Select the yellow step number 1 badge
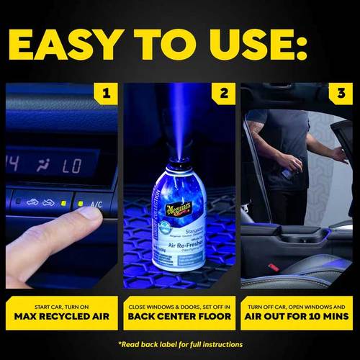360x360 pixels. [x=107, y=94]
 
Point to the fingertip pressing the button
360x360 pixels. [x=87, y=214]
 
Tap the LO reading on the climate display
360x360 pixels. [x=72, y=166]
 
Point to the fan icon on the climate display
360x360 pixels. [x=42, y=166]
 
